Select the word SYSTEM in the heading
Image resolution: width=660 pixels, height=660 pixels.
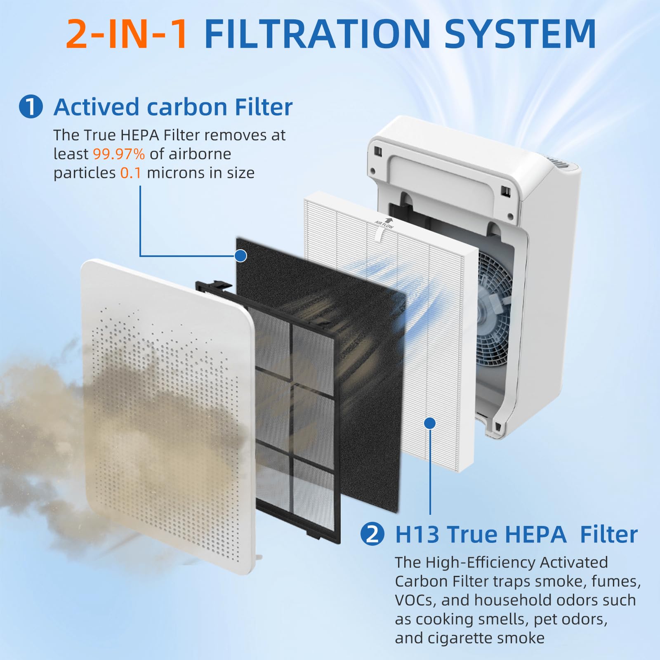point(520,34)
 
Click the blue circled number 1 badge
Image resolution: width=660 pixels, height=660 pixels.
point(31,107)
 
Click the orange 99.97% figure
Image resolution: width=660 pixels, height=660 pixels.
point(119,154)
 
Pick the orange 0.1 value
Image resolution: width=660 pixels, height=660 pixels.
point(131,173)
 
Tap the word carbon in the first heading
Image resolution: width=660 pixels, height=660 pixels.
point(187,107)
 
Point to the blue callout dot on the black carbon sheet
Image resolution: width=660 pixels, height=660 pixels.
point(240,256)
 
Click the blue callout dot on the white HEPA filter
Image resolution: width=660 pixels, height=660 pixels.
point(430,423)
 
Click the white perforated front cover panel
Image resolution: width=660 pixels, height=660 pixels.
point(165,412)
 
